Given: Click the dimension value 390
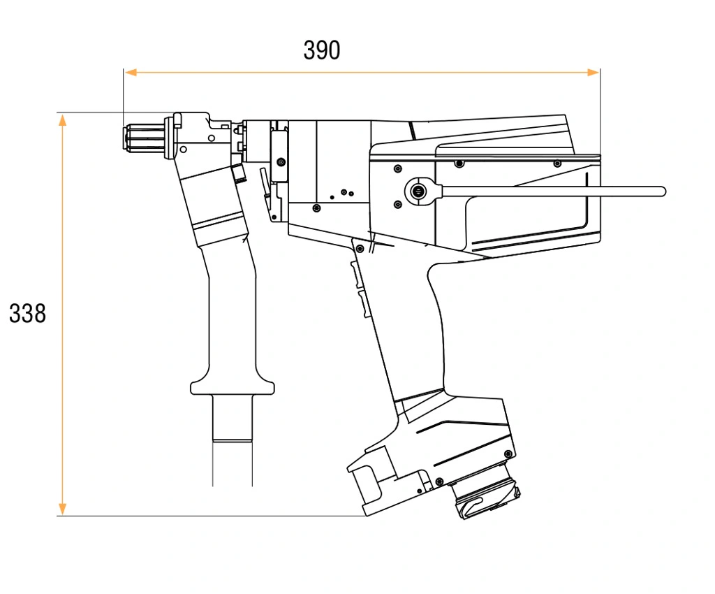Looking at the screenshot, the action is click(x=321, y=50).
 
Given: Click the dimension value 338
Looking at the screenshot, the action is click(x=27, y=314).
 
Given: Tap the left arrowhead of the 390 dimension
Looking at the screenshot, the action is click(x=131, y=72).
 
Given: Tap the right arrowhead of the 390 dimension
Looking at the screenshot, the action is click(x=593, y=72).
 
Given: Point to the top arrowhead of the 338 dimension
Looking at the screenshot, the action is click(x=62, y=120).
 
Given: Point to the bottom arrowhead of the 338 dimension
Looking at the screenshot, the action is click(x=62, y=509).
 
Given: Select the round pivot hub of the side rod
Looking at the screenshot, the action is click(x=418, y=191).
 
